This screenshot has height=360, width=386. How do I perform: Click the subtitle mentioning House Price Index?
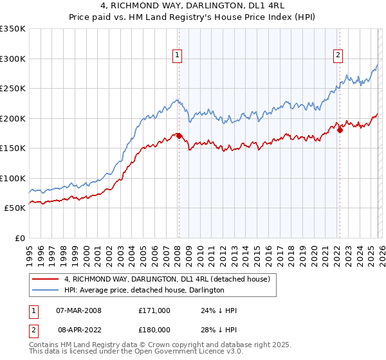pyautogui.click(x=193, y=18)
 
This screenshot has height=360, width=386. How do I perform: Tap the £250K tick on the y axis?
pyautogui.click(x=13, y=89)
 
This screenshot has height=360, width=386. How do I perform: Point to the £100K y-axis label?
pyautogui.click(x=13, y=178)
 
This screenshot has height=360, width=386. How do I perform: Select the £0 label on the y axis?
pyautogui.click(x=19, y=238)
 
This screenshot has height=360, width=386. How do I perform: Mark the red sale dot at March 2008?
pyautogui.click(x=179, y=136)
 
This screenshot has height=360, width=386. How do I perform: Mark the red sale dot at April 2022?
pyautogui.click(x=340, y=130)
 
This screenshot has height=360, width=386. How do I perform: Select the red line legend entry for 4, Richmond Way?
pyautogui.click(x=170, y=279)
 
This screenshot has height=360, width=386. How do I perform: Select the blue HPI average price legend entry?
pyautogui.click(x=143, y=290)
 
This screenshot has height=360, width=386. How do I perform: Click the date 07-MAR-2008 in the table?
pyautogui.click(x=79, y=310)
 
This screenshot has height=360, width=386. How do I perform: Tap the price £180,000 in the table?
pyautogui.click(x=154, y=329)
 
